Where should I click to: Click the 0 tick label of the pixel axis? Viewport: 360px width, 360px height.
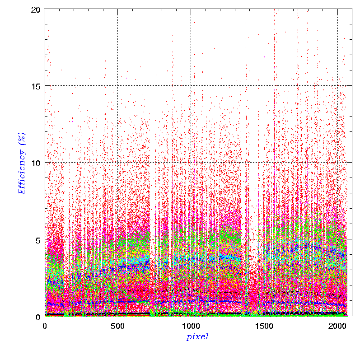[x=45, y=326]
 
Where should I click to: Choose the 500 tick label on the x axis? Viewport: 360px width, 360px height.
[x=118, y=326]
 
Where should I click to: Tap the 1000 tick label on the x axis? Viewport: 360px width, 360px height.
[x=191, y=326]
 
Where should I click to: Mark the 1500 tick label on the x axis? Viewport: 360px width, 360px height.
[x=264, y=326]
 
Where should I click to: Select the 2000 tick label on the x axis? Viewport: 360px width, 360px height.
[x=337, y=326]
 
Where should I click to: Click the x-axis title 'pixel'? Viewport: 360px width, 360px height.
[x=197, y=337]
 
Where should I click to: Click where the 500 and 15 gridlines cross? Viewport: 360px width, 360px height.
[x=118, y=86]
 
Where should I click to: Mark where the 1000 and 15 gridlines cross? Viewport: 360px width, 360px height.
[x=191, y=86]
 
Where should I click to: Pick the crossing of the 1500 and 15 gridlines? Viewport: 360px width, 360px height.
[x=264, y=86]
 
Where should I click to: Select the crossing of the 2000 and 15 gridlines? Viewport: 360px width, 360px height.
[x=337, y=86]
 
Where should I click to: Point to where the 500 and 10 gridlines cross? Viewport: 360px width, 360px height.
[x=118, y=163]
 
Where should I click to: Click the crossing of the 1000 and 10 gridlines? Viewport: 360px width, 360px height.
[x=191, y=163]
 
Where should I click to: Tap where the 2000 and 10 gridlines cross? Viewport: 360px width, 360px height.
[x=337, y=163]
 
